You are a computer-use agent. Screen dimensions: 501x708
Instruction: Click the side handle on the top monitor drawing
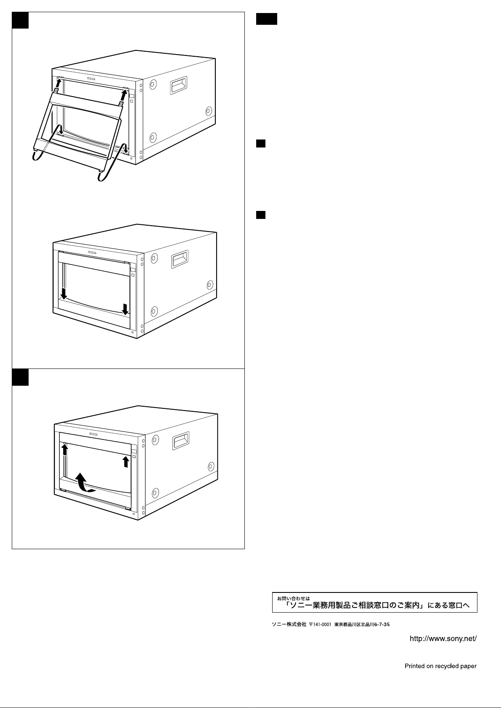click(x=179, y=85)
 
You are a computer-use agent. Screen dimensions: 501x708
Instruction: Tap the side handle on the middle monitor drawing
click(x=180, y=259)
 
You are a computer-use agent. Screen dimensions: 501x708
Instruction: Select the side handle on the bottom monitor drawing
click(x=181, y=441)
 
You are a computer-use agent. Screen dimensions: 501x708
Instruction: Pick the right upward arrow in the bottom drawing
click(x=126, y=461)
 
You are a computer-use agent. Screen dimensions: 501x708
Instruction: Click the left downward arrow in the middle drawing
click(x=64, y=294)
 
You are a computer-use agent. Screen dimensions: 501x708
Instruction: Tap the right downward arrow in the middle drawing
click(x=125, y=309)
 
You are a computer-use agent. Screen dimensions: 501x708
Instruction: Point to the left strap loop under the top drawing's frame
click(x=40, y=155)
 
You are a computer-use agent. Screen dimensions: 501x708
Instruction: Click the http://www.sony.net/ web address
click(x=443, y=639)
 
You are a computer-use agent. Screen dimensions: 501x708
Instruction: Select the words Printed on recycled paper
click(x=440, y=666)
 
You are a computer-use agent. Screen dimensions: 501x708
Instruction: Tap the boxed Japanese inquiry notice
click(x=375, y=602)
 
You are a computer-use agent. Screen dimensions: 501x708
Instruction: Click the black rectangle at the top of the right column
click(x=266, y=19)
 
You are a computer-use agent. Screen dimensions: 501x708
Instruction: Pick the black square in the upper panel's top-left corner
click(x=20, y=20)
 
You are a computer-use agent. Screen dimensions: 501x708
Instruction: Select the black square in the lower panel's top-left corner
click(x=20, y=377)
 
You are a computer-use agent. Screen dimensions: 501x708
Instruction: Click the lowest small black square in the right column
click(x=261, y=215)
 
